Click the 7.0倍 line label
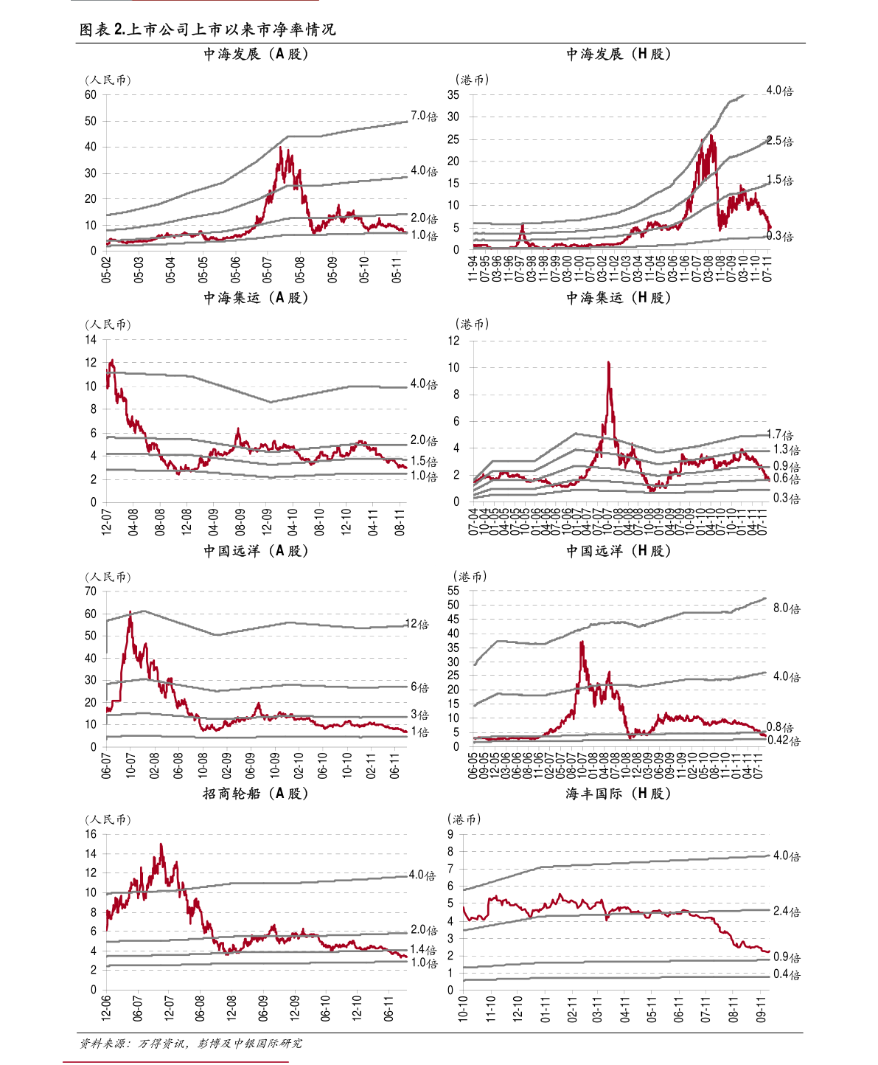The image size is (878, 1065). click(423, 117)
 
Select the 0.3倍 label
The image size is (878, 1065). click(780, 236)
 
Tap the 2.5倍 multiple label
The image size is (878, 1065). click(780, 141)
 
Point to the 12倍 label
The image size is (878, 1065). click(417, 625)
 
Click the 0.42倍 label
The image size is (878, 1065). click(783, 740)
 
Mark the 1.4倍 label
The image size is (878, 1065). click(423, 950)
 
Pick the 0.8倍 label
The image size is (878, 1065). click(780, 727)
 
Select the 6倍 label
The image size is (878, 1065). click(419, 687)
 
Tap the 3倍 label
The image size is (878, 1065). click(419, 715)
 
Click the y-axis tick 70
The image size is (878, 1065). click(91, 592)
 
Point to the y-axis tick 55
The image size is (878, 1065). click(453, 591)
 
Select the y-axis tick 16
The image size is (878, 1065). click(91, 834)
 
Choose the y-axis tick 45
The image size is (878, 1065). click(453, 619)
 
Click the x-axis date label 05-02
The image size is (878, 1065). click(107, 269)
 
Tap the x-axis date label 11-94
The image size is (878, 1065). click(473, 268)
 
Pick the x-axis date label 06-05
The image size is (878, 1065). click(473, 765)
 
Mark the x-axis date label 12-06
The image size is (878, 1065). click(107, 1007)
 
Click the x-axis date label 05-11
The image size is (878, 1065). click(397, 269)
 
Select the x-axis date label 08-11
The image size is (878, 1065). click(400, 520)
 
